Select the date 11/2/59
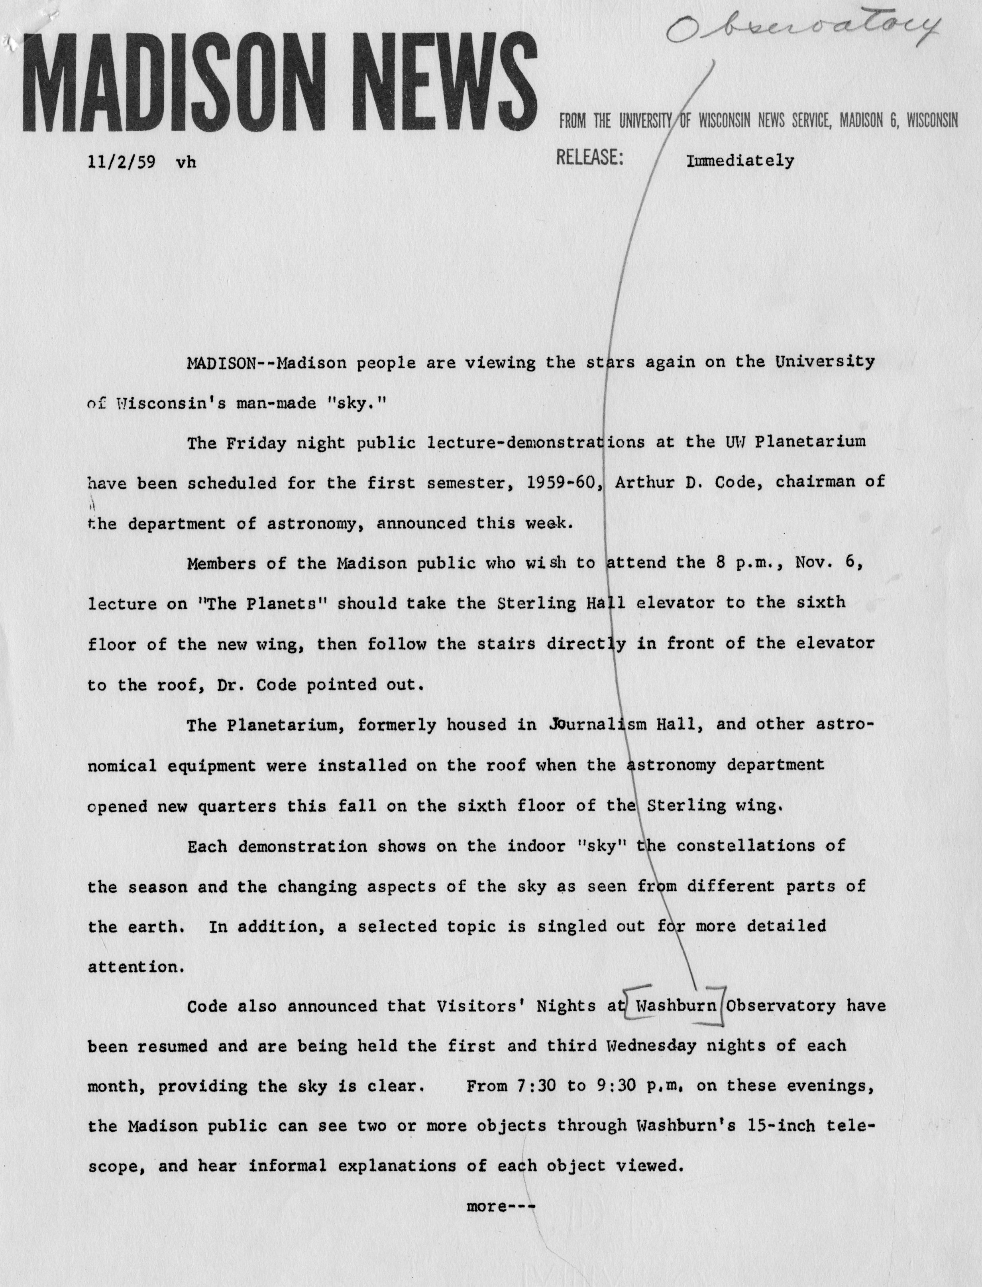[122, 162]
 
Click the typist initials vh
[186, 163]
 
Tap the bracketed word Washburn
[676, 1006]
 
